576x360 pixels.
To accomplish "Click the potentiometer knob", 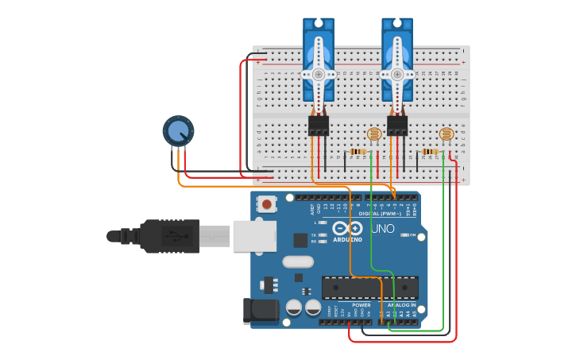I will (178, 130).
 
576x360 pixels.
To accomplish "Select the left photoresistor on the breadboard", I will (373, 134).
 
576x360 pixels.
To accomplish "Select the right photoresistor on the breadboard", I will (446, 134).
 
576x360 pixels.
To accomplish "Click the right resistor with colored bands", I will (431, 152).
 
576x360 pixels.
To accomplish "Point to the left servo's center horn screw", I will (319, 74).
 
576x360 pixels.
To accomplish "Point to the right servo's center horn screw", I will (397, 74).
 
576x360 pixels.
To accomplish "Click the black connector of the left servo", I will (319, 125).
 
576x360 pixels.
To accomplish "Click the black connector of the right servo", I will (397, 125).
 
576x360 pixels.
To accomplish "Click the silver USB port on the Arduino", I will (254, 236).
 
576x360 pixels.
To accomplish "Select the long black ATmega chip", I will (369, 288).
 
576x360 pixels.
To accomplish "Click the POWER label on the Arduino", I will (361, 305).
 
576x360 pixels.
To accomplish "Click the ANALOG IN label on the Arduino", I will (402, 305).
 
